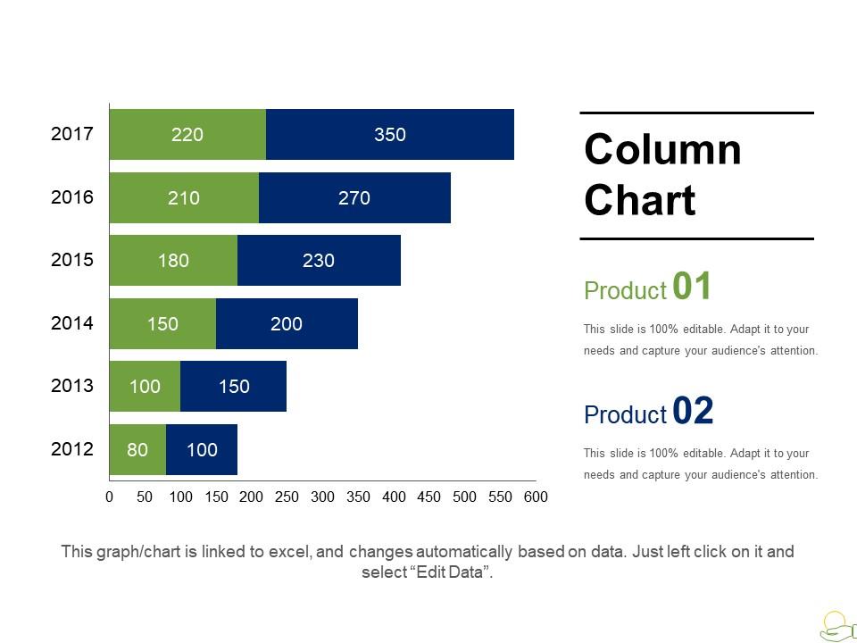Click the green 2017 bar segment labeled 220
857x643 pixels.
(187, 135)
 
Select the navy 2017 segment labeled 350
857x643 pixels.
(390, 135)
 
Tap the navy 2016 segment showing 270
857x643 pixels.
(354, 198)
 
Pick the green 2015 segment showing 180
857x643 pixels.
(173, 261)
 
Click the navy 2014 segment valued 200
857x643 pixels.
(287, 324)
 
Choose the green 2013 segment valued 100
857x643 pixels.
(145, 387)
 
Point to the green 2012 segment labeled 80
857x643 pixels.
(137, 449)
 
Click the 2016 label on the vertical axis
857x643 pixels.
(72, 197)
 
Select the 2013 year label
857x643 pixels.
(72, 386)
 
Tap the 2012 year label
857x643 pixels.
(72, 448)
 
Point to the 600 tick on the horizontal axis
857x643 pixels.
(536, 497)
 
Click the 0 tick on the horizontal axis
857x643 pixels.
(109, 497)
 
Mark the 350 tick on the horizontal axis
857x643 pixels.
(358, 497)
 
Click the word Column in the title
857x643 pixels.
(662, 150)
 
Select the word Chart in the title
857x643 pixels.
(639, 200)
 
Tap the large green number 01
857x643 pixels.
(693, 287)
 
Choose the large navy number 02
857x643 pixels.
(693, 411)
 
